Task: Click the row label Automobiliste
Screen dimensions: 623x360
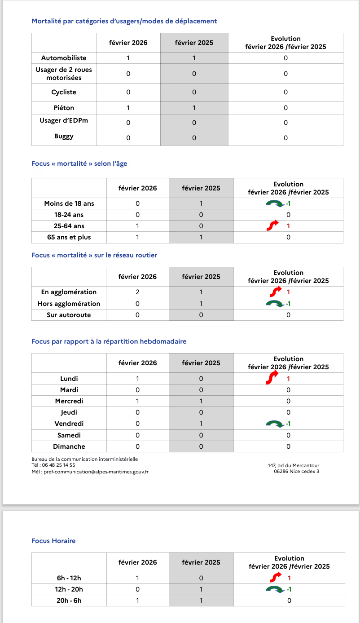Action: [64, 58]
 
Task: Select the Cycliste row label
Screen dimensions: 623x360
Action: [64, 92]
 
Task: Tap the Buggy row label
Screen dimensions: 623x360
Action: [64, 136]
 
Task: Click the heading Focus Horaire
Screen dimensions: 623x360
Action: [53, 541]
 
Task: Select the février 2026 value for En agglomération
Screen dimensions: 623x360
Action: [137, 292]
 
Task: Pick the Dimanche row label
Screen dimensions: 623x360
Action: [69, 446]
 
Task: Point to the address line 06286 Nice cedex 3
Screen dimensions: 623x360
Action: [296, 472]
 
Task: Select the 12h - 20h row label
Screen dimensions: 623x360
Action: [69, 589]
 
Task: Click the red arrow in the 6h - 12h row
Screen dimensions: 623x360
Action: [273, 578]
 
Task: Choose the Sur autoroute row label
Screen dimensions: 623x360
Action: [69, 315]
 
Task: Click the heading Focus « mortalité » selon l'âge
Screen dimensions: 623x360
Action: [79, 163]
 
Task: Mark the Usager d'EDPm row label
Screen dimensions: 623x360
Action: [64, 122]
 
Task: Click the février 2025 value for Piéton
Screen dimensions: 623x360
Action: [194, 108]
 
